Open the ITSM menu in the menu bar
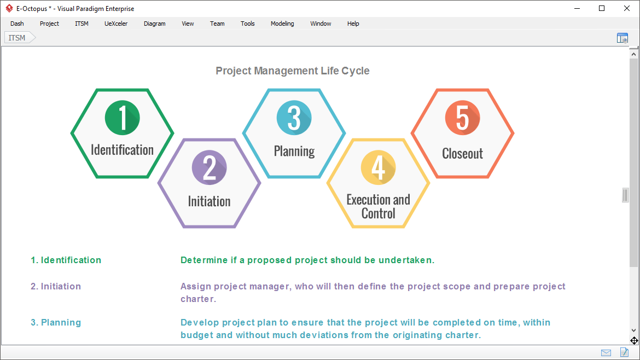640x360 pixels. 82,24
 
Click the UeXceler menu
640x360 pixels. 116,24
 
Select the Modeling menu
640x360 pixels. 282,24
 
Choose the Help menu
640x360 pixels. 353,24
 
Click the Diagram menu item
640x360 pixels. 154,24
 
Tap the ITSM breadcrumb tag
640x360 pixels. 18,38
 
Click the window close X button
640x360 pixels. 627,8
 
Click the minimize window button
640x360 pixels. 577,8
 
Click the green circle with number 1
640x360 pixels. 122,117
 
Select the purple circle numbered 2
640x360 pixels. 209,167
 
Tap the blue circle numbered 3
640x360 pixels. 294,117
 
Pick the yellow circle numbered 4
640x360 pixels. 378,167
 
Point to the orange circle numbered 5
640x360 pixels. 462,117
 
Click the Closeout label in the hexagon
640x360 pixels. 462,154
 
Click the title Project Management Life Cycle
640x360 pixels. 293,71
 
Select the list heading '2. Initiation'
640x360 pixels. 56,286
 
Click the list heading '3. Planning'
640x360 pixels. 56,322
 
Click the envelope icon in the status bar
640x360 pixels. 606,352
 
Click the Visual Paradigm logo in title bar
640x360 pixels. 9,9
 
